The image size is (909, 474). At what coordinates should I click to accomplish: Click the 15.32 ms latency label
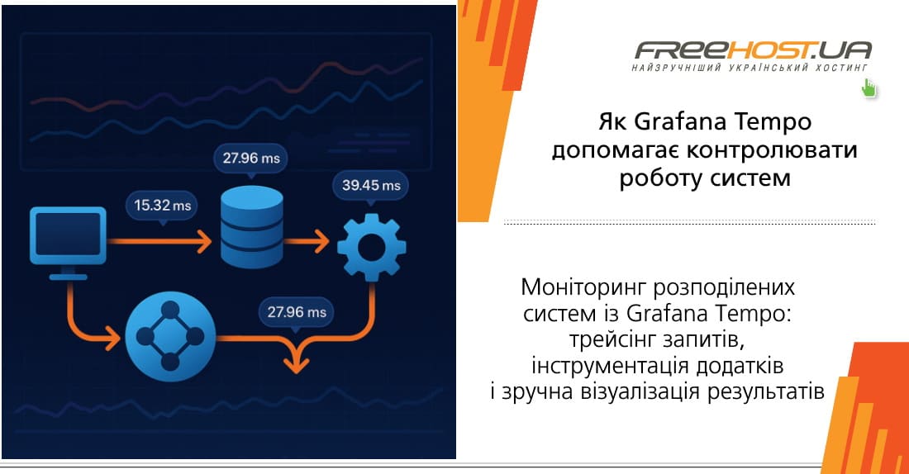162,206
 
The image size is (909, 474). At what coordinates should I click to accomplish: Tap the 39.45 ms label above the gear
371,186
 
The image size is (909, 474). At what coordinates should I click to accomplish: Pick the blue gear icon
371,245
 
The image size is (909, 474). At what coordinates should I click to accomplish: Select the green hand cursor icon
869,88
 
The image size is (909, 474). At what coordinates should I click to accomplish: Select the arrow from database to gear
308,243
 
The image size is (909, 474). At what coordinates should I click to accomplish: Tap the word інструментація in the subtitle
597,364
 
